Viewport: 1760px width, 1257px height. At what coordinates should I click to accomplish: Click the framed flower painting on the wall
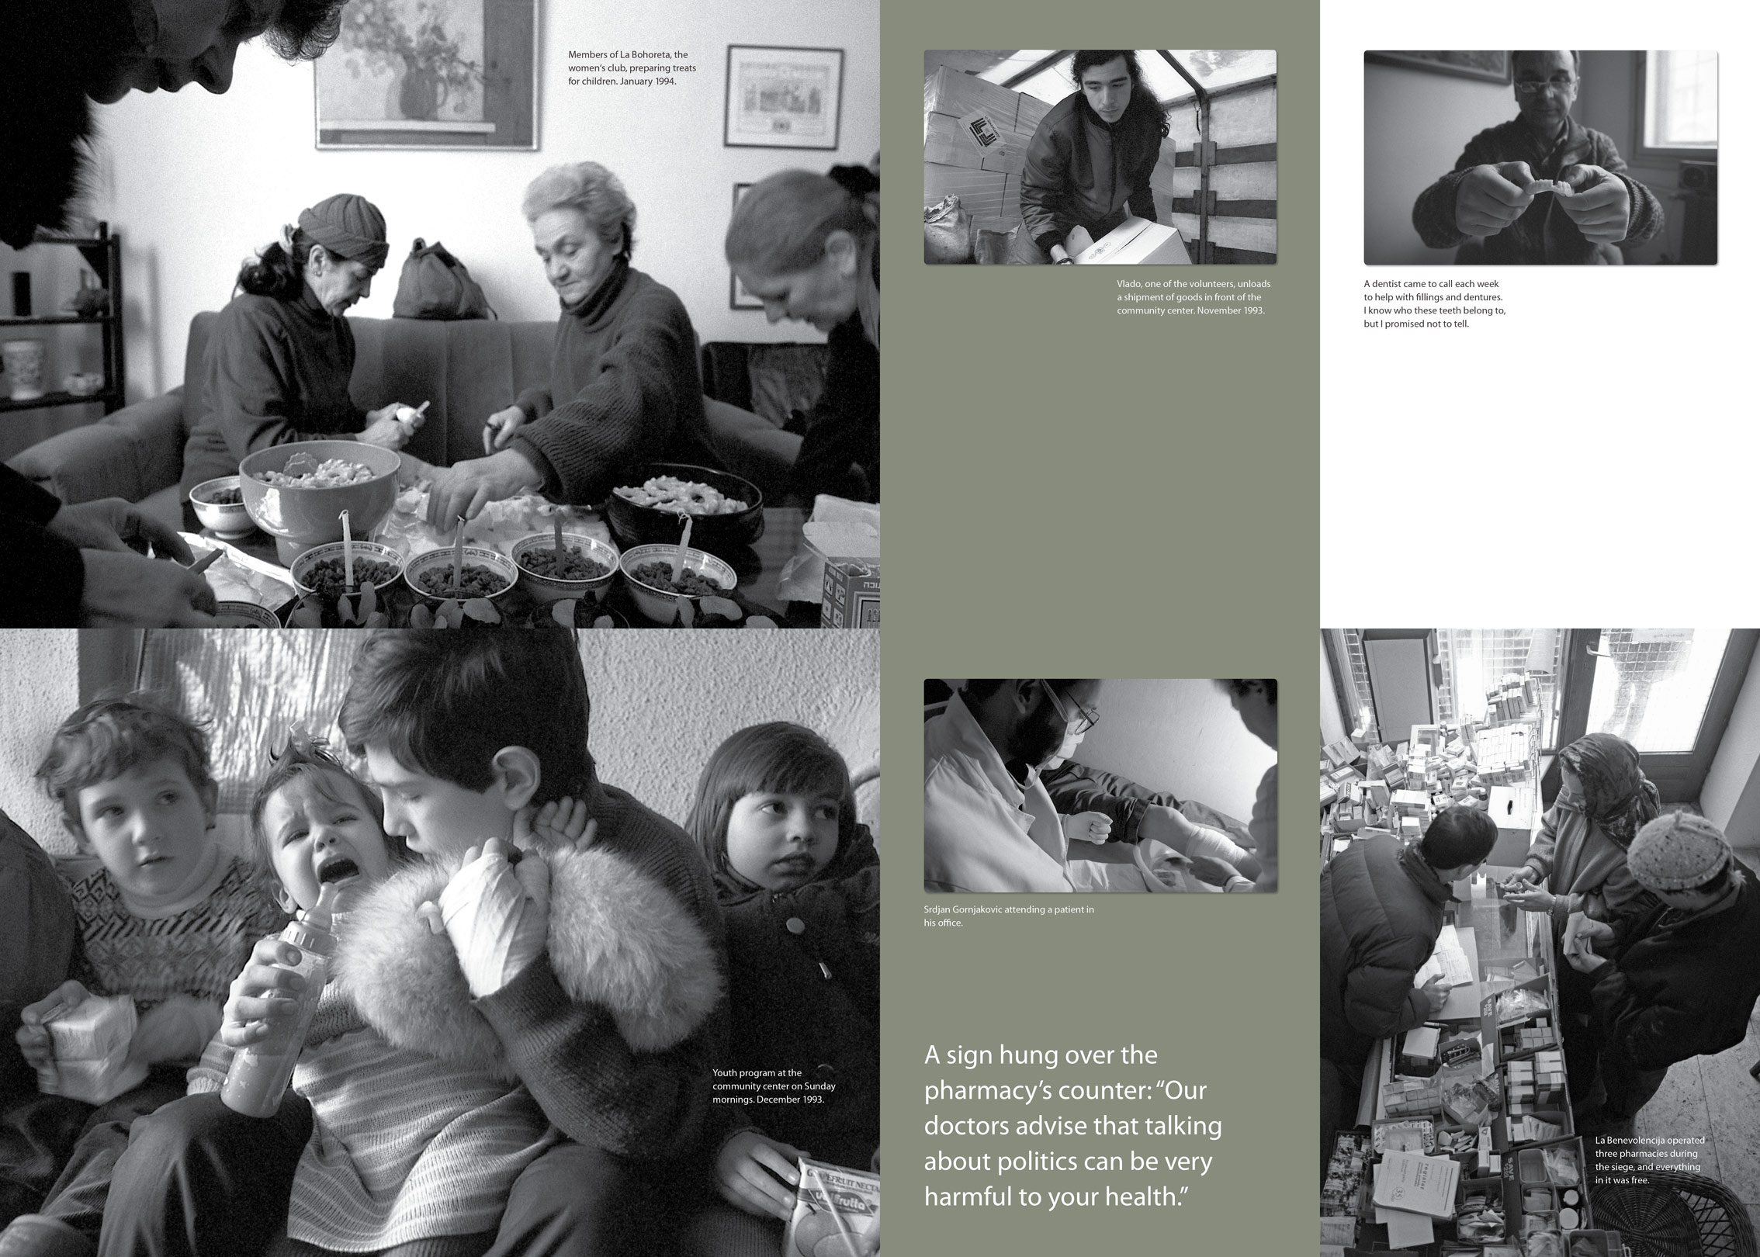[427, 73]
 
